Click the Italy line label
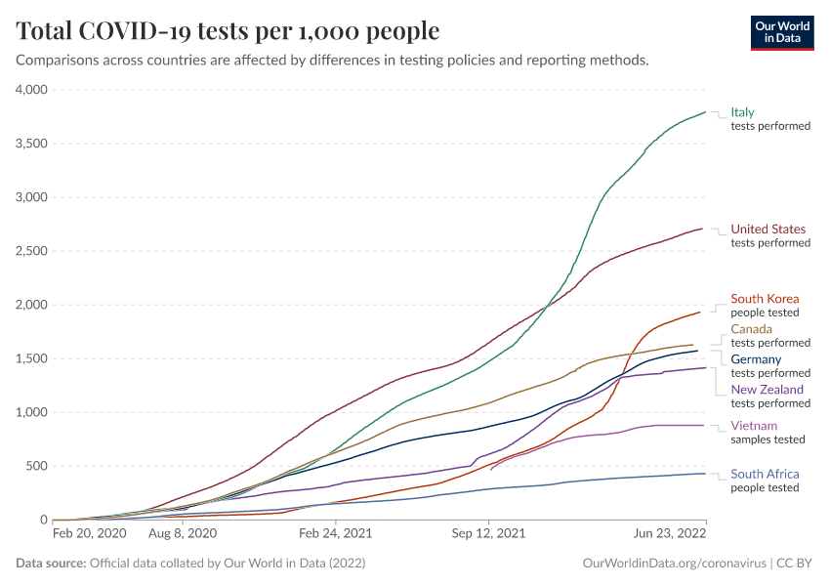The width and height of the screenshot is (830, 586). (x=742, y=112)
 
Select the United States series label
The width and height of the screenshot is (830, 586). (x=768, y=230)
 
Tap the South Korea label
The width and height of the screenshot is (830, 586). (x=765, y=299)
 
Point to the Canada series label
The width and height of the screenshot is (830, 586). (x=751, y=329)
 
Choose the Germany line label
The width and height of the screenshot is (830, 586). (x=757, y=359)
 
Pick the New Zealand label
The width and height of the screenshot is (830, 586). (x=768, y=390)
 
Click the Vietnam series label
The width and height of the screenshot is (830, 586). (x=754, y=426)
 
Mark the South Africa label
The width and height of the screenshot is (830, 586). (x=765, y=475)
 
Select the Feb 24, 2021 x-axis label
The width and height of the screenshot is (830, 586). (x=336, y=534)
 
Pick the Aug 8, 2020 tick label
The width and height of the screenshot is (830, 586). (x=182, y=534)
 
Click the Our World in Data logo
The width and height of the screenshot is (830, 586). (x=781, y=31)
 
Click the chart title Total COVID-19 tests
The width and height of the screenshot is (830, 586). (x=228, y=31)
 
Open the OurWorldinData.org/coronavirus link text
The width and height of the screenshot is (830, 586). (x=673, y=564)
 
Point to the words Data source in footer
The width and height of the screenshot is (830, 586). (x=51, y=564)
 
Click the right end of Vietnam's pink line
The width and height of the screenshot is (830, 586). (x=705, y=425)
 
